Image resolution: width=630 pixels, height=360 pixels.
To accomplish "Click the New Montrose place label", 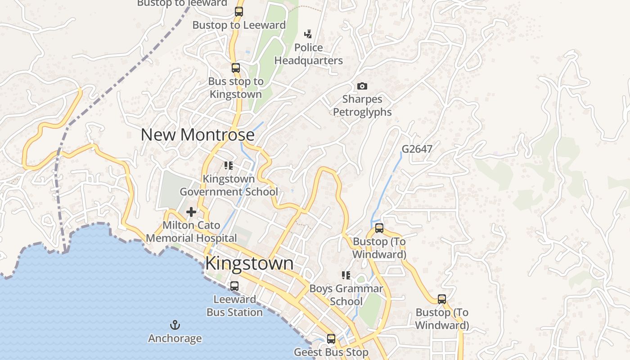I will click(x=198, y=135).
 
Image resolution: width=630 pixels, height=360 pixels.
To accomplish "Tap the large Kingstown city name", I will click(x=249, y=263).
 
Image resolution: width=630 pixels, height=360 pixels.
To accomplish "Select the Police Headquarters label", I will click(x=309, y=54).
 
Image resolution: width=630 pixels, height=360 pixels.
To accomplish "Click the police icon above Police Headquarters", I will click(x=308, y=34).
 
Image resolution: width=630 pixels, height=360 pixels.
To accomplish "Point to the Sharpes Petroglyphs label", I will click(x=362, y=106).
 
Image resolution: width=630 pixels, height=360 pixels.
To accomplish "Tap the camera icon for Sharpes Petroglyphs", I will click(x=362, y=86).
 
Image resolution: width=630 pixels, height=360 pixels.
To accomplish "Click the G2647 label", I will click(x=417, y=148).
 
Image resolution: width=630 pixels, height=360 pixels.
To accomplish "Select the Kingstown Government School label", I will click(x=229, y=185).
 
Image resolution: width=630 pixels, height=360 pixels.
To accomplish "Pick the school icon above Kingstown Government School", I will click(x=229, y=166).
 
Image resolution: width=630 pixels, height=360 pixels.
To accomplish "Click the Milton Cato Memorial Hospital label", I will click(x=191, y=231).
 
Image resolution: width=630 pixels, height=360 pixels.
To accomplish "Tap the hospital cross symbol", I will click(x=191, y=211).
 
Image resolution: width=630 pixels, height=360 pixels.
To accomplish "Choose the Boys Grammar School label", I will click(x=346, y=295).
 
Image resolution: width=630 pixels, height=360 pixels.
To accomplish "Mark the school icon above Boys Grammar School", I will click(x=346, y=275).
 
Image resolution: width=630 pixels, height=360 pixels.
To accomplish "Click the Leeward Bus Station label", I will click(x=234, y=306).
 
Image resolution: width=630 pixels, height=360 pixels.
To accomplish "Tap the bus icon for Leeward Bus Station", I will click(x=234, y=286).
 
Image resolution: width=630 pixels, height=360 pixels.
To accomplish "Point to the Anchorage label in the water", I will click(x=175, y=338).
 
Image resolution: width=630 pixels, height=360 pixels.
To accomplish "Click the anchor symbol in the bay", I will click(x=175, y=324).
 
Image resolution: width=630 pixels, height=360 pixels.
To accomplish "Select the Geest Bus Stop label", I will click(x=331, y=352).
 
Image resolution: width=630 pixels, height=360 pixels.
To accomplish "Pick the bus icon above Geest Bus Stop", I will click(x=331, y=339).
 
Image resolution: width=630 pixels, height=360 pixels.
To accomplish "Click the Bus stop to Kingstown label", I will click(x=236, y=88).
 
